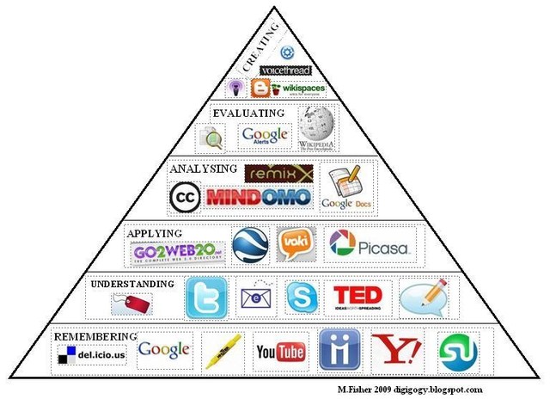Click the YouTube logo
(x=280, y=353)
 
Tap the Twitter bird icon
(x=206, y=298)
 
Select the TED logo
(x=357, y=298)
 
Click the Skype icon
(x=302, y=297)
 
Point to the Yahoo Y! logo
(x=396, y=351)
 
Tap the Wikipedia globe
(x=315, y=127)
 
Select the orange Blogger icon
(x=260, y=89)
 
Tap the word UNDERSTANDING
(x=132, y=284)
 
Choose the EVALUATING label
(x=249, y=113)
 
